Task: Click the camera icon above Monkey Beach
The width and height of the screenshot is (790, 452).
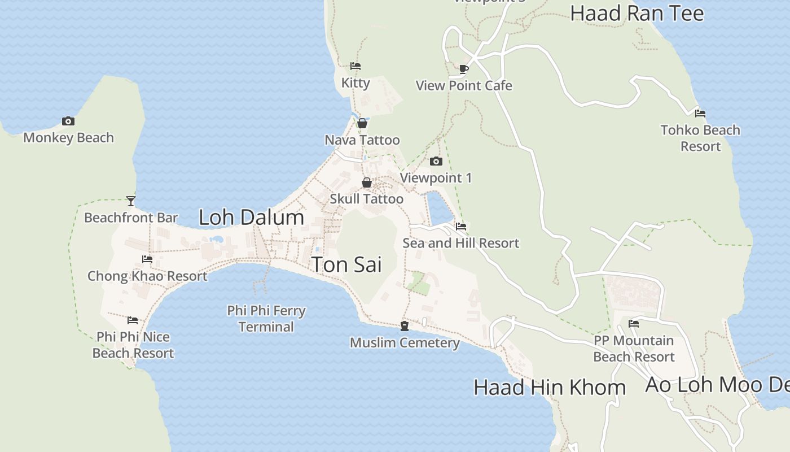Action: click(x=68, y=121)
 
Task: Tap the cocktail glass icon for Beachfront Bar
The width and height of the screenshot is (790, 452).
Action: click(x=131, y=201)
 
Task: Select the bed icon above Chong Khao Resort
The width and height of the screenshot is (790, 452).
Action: click(x=147, y=259)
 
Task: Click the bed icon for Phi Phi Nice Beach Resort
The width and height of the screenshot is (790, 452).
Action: click(x=133, y=320)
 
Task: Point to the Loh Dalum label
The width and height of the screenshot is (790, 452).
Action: click(x=251, y=218)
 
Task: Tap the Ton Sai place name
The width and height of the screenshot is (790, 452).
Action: click(x=346, y=264)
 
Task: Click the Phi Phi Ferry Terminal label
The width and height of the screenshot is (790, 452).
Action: click(x=266, y=319)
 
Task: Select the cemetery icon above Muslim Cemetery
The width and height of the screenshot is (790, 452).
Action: click(x=405, y=326)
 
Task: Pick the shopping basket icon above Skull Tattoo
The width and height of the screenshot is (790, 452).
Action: click(x=367, y=182)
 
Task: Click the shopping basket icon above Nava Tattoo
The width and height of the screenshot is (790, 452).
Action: click(x=362, y=123)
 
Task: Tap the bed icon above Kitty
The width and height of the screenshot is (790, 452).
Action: click(x=355, y=66)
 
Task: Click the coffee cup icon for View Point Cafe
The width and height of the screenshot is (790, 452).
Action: click(x=464, y=69)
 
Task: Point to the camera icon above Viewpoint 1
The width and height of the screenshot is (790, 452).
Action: click(x=436, y=162)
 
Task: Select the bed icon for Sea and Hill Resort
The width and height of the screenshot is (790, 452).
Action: click(x=461, y=227)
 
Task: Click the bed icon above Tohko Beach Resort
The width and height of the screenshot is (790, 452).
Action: click(x=700, y=114)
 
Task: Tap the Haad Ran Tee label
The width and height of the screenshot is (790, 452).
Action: click(x=637, y=14)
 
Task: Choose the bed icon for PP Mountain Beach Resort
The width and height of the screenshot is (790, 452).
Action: click(x=634, y=324)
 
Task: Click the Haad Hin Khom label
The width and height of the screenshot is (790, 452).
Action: click(x=550, y=388)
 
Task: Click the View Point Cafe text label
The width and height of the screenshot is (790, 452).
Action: click(x=464, y=86)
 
